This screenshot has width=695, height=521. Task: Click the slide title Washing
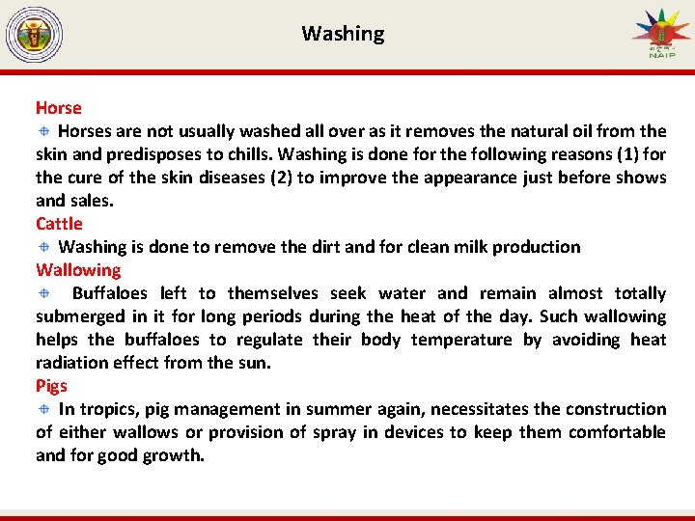point(343,34)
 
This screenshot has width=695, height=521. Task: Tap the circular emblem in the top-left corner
point(34,36)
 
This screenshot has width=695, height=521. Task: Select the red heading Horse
point(59,108)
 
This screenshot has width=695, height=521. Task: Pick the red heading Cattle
point(60,224)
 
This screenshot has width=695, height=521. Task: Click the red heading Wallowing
point(78,270)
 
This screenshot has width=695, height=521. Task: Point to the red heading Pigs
point(52,386)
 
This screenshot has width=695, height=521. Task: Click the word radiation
point(73,363)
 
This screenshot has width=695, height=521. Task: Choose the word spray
point(334,432)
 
